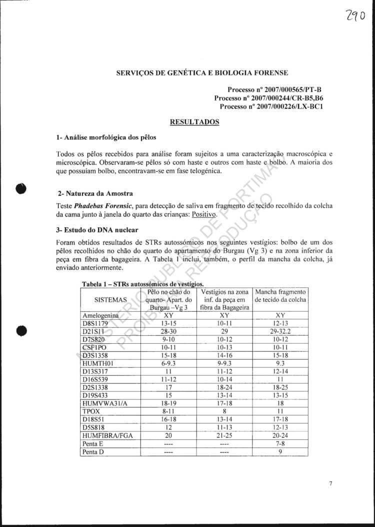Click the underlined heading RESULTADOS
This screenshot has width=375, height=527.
[194, 122]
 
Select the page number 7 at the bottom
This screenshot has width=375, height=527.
[331, 483]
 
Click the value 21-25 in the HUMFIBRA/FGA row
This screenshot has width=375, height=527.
[224, 435]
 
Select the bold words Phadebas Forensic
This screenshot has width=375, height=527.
[107, 206]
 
